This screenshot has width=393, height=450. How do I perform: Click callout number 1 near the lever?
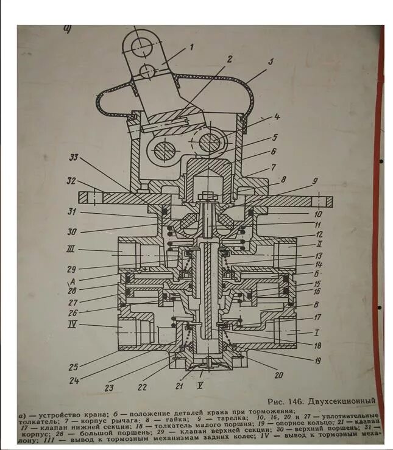pos(191,46)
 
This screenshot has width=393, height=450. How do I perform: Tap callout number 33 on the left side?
pos(73,157)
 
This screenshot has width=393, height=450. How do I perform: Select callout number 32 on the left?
pos(71,181)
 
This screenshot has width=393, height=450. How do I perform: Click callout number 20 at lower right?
pos(278,375)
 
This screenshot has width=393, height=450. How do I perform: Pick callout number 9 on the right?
pos(314,181)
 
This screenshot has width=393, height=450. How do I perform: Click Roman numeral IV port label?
pos(73,325)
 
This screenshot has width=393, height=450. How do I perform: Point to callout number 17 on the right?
pos(316,317)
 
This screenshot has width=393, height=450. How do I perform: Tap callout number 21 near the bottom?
pos(180,386)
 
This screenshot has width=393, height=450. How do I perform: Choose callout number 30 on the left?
pos(73,231)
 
